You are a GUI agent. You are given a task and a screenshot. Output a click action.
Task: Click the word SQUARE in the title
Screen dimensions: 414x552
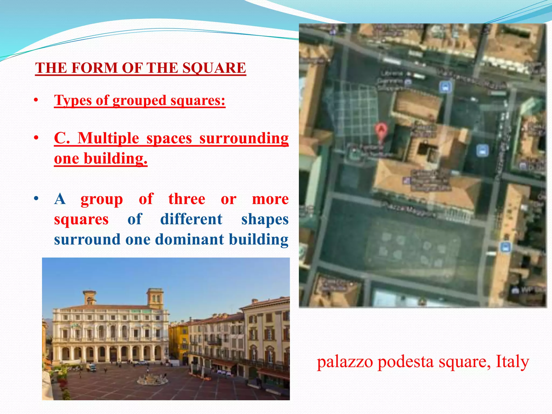pyautogui.click(x=214, y=68)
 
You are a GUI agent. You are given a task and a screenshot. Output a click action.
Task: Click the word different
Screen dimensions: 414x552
pyautogui.click(x=191, y=219)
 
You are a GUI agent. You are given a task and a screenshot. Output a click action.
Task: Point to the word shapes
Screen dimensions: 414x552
pyautogui.click(x=265, y=219)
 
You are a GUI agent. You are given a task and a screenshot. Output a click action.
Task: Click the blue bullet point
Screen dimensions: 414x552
pyautogui.click(x=36, y=199)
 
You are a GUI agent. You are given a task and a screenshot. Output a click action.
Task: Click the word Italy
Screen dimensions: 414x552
pyautogui.click(x=512, y=362)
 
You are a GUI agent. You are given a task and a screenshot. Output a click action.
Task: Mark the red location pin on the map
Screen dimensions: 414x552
pyautogui.click(x=381, y=130)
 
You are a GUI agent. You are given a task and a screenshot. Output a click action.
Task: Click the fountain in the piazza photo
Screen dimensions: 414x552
pyautogui.click(x=152, y=379)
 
